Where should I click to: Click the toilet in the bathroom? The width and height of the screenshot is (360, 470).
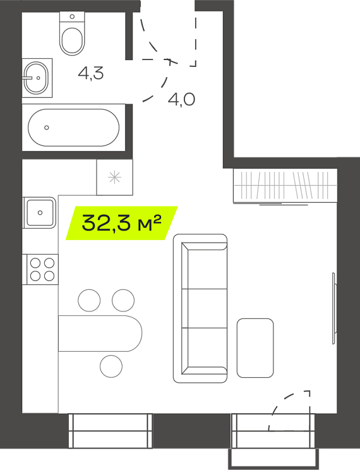point(72,33)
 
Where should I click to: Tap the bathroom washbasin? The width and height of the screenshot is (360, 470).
point(36,78)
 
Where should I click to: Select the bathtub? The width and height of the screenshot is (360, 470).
point(73,128)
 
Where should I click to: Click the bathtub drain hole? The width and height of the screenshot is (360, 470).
point(47,128)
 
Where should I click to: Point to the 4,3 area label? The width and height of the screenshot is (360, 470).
point(91,73)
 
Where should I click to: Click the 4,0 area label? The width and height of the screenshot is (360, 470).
point(181,99)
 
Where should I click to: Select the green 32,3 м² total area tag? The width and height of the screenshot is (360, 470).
point(122,223)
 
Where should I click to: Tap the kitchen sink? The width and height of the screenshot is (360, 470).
point(40,212)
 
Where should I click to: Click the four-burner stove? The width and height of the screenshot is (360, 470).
point(42,269)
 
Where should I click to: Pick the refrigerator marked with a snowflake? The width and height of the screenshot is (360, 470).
point(114,177)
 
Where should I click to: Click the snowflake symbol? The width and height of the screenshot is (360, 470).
point(114,178)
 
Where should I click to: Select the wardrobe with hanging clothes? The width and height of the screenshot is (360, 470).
point(285,186)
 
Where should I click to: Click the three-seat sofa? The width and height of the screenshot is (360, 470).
point(200,308)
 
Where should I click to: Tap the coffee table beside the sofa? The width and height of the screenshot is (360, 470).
point(255,347)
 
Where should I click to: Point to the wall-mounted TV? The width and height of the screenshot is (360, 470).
point(334,308)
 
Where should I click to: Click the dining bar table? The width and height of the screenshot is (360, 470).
point(100,333)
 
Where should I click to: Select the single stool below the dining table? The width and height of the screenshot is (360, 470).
point(111,366)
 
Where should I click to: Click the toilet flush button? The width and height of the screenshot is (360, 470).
point(72,16)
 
